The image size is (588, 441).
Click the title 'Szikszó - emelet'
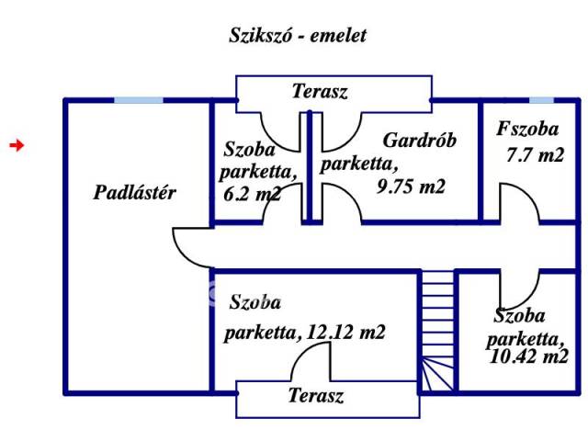click(297, 36)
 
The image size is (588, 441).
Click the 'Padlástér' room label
click(135, 193)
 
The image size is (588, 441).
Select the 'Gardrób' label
click(420, 141)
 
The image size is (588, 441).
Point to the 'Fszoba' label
click(528, 129)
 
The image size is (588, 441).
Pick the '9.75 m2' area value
click(411, 187)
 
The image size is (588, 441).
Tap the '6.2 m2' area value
click(251, 193)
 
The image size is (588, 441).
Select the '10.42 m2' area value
click(529, 357)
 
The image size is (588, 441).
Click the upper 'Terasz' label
click(321, 91)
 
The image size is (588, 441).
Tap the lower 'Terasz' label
click(315, 396)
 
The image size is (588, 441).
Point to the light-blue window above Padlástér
click(139, 99)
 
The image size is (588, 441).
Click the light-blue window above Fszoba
click(541, 99)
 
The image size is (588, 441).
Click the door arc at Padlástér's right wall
click(188, 243)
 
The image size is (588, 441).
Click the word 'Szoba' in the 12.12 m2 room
click(255, 302)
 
